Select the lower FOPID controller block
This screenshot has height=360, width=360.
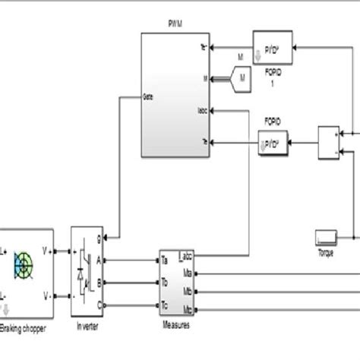tap(273, 142)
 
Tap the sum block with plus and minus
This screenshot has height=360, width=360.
tap(329, 142)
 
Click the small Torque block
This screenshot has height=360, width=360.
tap(327, 237)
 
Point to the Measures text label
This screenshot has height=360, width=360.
tap(177, 326)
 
